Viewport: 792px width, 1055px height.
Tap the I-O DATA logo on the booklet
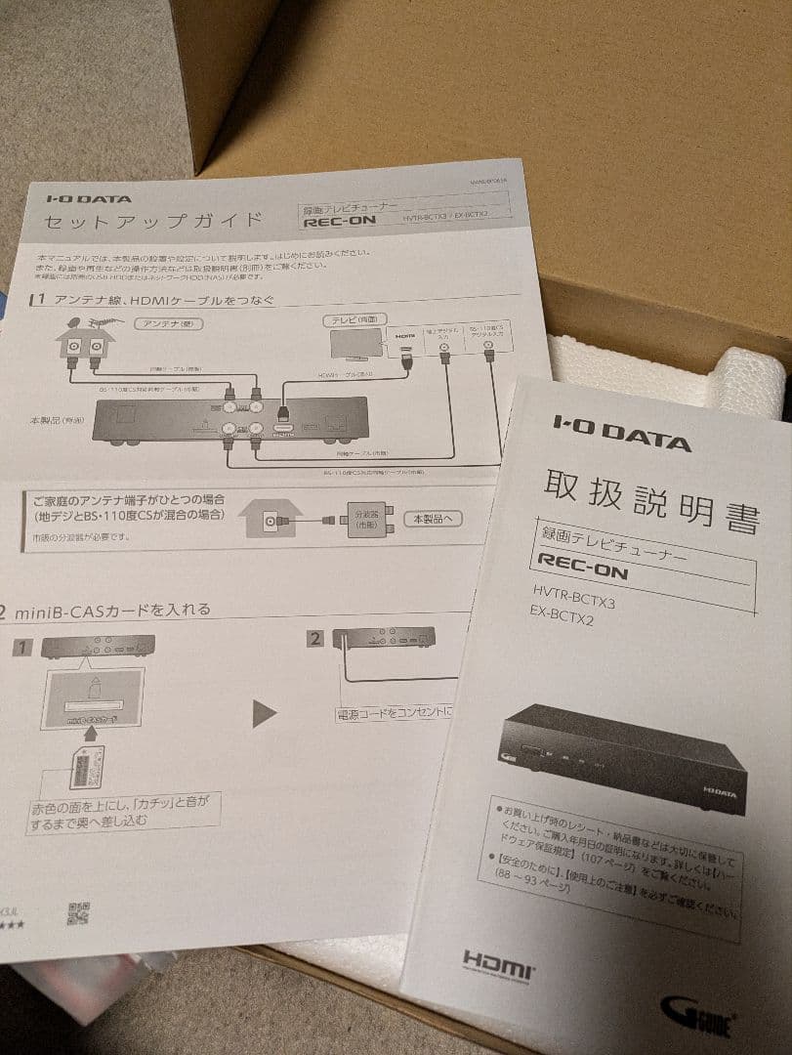(622, 432)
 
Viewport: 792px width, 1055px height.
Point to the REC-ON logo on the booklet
(584, 569)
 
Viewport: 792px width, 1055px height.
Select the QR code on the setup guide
(79, 913)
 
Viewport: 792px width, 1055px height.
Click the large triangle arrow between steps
(265, 714)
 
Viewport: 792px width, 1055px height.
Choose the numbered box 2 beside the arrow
(315, 639)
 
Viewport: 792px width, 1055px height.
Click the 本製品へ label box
(433, 519)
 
